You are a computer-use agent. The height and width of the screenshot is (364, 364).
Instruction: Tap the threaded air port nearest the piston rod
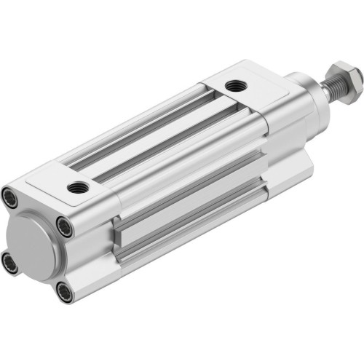pyautogui.click(x=235, y=86)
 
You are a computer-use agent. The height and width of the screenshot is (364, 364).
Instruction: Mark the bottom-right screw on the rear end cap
pyautogui.click(x=65, y=293)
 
